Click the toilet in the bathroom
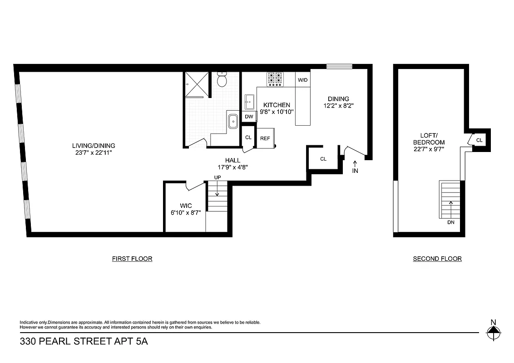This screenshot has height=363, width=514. point(222,80)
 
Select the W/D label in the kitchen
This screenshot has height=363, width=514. point(302,80)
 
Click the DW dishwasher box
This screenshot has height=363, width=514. point(249,117)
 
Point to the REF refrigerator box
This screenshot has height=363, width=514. point(265,138)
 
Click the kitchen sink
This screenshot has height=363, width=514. point(249,101)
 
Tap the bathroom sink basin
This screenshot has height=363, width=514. point(233,122)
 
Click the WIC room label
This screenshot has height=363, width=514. point(186,206)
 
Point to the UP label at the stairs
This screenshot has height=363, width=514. point(217,177)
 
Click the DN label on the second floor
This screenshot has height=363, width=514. point(450,222)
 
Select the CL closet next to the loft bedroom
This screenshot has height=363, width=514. point(479,140)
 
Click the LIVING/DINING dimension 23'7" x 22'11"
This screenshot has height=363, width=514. point(94,153)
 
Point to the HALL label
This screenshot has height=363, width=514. point(232,160)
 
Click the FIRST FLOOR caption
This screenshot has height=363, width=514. point(132,259)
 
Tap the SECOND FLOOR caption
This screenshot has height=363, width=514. point(437,259)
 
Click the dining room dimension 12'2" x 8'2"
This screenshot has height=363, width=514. point(338,106)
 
